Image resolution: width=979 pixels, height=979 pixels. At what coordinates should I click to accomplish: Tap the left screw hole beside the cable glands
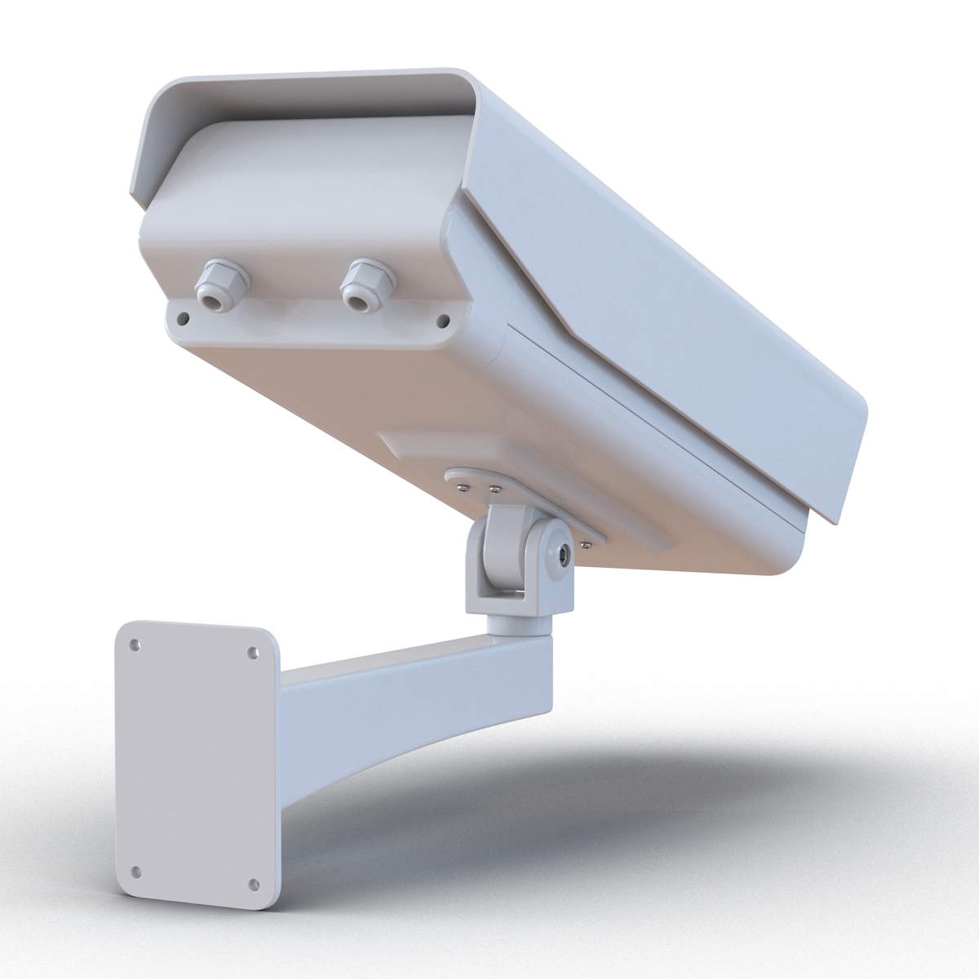[x=184, y=317]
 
